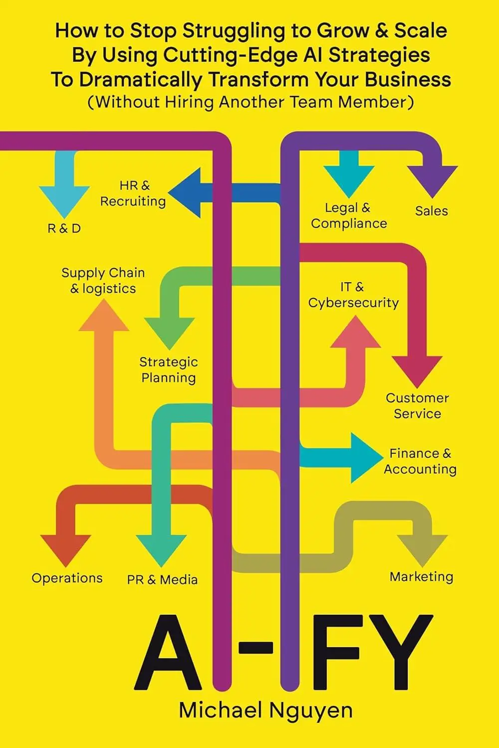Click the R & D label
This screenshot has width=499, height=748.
pos(64,228)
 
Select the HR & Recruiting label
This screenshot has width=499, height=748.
pos(133,193)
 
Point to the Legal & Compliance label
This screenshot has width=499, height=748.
pos(349,215)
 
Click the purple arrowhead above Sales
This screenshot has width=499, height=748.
pos(432,181)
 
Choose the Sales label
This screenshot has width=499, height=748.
pos(432,211)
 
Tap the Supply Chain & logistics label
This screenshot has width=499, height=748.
pos(103,281)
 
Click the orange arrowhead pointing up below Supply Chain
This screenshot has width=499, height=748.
pos(104,317)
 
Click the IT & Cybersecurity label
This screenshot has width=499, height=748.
pos(353,295)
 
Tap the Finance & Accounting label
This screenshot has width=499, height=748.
pos(420,461)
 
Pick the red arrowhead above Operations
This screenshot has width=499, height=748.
pos(66,549)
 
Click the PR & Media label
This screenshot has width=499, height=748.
pos(162,579)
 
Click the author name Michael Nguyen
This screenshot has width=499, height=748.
pos(265,711)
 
